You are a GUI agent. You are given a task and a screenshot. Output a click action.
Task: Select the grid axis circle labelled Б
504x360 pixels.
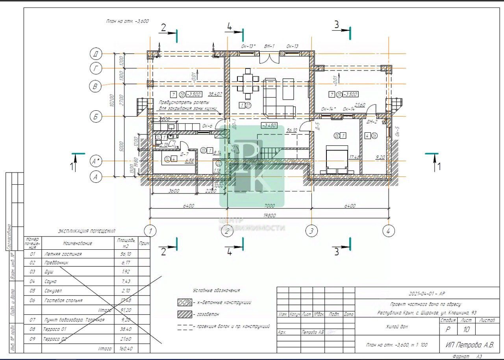point(96,117)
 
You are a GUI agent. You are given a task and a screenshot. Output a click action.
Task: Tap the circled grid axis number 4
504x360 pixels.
point(388,231)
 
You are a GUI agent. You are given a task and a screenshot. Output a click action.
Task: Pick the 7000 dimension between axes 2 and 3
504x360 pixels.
point(269,206)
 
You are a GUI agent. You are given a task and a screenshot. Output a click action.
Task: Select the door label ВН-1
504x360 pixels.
point(269,46)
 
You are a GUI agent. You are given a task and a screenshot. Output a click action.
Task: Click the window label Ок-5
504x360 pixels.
point(397,132)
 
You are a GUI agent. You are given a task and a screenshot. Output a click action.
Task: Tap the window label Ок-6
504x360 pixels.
point(207,126)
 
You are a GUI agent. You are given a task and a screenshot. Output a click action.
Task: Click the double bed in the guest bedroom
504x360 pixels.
point(337,159)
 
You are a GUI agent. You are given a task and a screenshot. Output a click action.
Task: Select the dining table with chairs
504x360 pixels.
point(248,84)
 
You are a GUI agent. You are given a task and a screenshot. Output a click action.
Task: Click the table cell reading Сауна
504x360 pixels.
point(51,281)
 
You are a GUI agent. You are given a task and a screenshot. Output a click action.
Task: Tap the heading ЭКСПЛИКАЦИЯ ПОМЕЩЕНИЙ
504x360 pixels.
point(87,231)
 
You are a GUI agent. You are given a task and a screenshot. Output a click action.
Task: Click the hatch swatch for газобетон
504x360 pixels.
point(184,315)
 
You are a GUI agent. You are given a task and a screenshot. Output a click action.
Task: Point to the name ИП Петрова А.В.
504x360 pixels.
point(469,345)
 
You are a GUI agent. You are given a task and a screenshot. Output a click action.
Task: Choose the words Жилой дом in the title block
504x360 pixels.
point(397,327)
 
